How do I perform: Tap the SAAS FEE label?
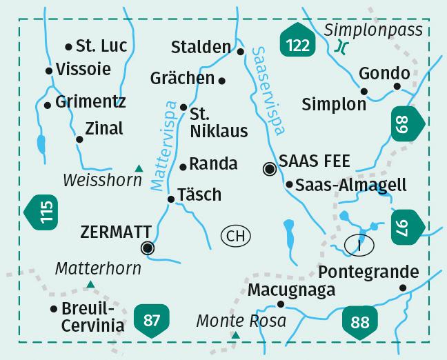coord(315,161)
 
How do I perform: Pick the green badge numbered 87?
coord(152,320)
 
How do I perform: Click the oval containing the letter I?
coord(359,243)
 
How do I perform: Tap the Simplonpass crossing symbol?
coord(339,48)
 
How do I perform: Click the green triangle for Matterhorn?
coord(90,283)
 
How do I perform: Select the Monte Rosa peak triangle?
coord(236,336)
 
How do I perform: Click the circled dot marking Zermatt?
coord(147,248)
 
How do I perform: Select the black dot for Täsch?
coord(171,199)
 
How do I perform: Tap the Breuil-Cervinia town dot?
coord(54,309)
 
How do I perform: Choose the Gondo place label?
coord(384,72)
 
